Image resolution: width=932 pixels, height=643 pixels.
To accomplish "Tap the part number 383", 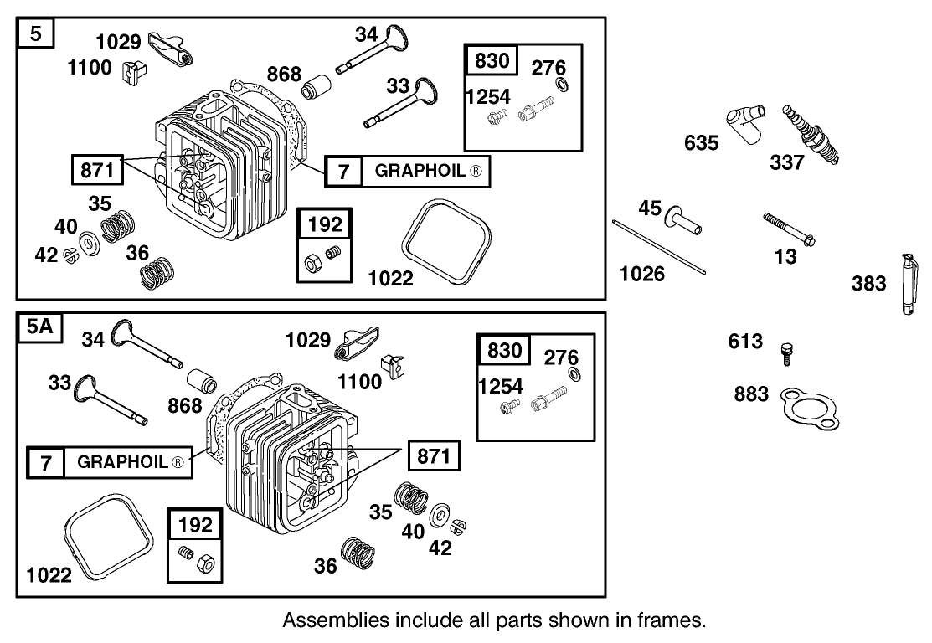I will point(868,284).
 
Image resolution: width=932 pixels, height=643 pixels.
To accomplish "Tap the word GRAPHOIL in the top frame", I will point(416,171).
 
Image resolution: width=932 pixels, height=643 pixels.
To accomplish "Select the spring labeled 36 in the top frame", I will point(157,270).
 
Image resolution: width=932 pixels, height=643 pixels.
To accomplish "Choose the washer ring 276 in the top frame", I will point(561,86).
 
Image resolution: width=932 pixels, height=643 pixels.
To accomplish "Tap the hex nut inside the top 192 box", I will point(312,264).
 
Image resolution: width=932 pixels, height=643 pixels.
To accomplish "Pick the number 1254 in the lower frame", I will point(500,386).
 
